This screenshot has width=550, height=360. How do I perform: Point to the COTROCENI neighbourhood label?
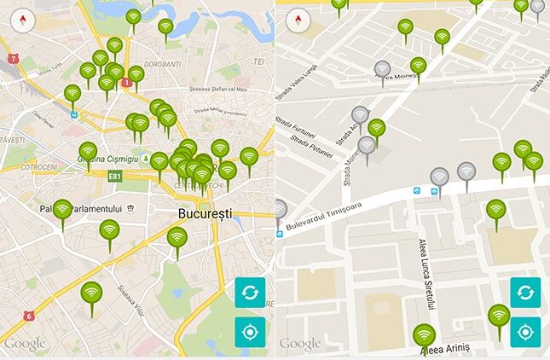(38, 167)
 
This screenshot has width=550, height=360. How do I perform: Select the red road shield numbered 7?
(13, 59)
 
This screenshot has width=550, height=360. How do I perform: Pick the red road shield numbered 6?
(28, 316)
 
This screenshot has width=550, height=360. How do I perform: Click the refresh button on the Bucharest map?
(251, 293)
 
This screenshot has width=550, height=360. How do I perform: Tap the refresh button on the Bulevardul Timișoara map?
(525, 293)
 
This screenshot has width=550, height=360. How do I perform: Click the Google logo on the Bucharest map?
(26, 344)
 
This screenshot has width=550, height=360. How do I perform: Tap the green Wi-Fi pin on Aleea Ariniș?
(424, 336)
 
